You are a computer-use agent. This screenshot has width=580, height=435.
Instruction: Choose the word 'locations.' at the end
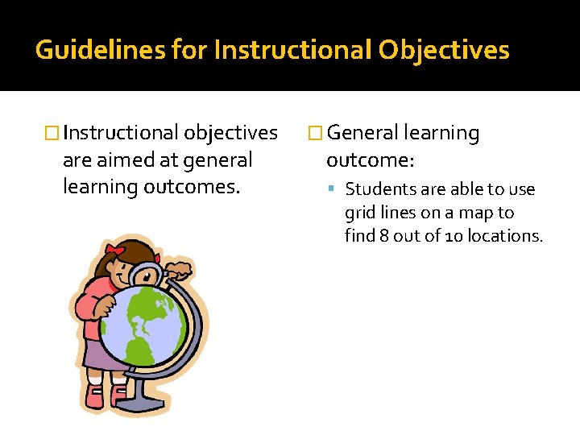[x=507, y=236]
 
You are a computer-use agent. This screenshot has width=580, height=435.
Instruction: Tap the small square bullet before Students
[x=334, y=190]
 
